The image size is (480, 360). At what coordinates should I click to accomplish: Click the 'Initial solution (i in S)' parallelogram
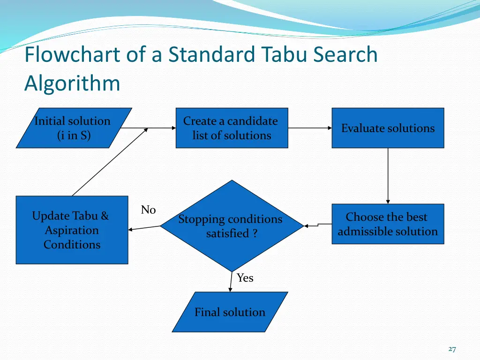pos(74,128)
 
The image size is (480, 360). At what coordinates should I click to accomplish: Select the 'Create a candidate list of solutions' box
pos(232,128)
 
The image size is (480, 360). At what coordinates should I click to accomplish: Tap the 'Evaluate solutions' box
pos(388,128)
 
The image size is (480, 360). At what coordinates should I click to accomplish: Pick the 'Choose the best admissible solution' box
pos(388,224)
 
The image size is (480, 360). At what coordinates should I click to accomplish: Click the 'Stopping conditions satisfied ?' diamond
pos(232,226)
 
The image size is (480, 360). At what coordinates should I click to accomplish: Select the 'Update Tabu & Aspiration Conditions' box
pos(72,230)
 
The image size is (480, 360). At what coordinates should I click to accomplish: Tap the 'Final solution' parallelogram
pos(230,312)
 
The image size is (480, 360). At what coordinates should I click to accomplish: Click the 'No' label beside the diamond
pos(149,210)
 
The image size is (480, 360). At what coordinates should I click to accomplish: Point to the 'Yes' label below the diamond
pos(245,278)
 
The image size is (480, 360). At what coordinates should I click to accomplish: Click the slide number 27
pos(452,349)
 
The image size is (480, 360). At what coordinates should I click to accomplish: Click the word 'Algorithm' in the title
pos(72,83)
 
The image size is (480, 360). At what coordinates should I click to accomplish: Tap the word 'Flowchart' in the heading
pos(72,54)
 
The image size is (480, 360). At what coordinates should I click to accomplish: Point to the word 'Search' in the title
pos(345,54)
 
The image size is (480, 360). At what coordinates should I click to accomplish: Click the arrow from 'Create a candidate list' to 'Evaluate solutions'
pos(310,128)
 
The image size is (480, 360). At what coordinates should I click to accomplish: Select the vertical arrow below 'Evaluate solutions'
pos(388,176)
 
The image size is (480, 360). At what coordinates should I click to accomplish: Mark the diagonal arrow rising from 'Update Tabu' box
pos(110,162)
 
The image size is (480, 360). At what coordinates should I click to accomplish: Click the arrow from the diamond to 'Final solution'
pos(231,282)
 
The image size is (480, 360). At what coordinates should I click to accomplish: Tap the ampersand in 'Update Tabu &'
pos(105,216)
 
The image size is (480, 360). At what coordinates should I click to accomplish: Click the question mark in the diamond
pos(255,233)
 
